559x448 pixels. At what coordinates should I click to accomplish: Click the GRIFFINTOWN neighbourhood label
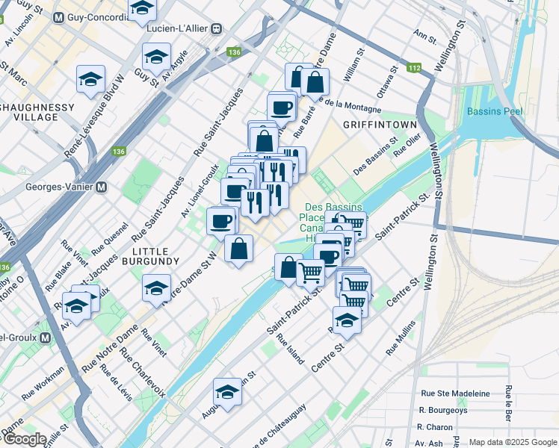pyautogui.click(x=371, y=124)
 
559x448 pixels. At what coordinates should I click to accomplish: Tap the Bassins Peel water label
pyautogui.click(x=494, y=112)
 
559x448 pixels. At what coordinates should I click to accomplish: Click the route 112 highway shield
pyautogui.click(x=415, y=69)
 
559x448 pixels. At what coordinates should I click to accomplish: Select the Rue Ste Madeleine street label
pyautogui.click(x=455, y=393)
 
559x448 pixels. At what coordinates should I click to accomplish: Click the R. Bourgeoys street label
pyautogui.click(x=443, y=410)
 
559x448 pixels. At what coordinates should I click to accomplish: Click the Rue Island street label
pyautogui.click(x=291, y=349)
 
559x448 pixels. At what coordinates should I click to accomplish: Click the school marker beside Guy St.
pyautogui.click(x=156, y=57)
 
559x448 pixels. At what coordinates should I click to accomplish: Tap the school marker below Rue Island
pyautogui.click(x=227, y=391)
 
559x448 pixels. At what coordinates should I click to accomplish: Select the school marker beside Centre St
pyautogui.click(x=347, y=320)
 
